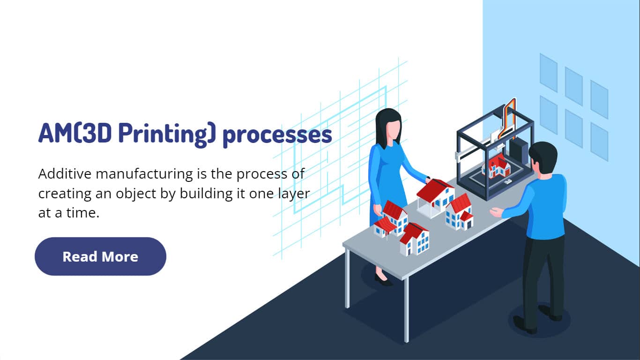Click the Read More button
pyautogui.click(x=100, y=256)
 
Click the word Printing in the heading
pyautogui.click(x=166, y=135)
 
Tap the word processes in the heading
pyautogui.click(x=277, y=136)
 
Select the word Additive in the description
pyautogui.click(x=65, y=174)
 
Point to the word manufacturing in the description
pyautogui.click(x=144, y=175)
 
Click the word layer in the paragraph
pyautogui.click(x=294, y=195)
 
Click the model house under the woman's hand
pyautogui.click(x=435, y=197)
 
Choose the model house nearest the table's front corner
pyautogui.click(x=414, y=240)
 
